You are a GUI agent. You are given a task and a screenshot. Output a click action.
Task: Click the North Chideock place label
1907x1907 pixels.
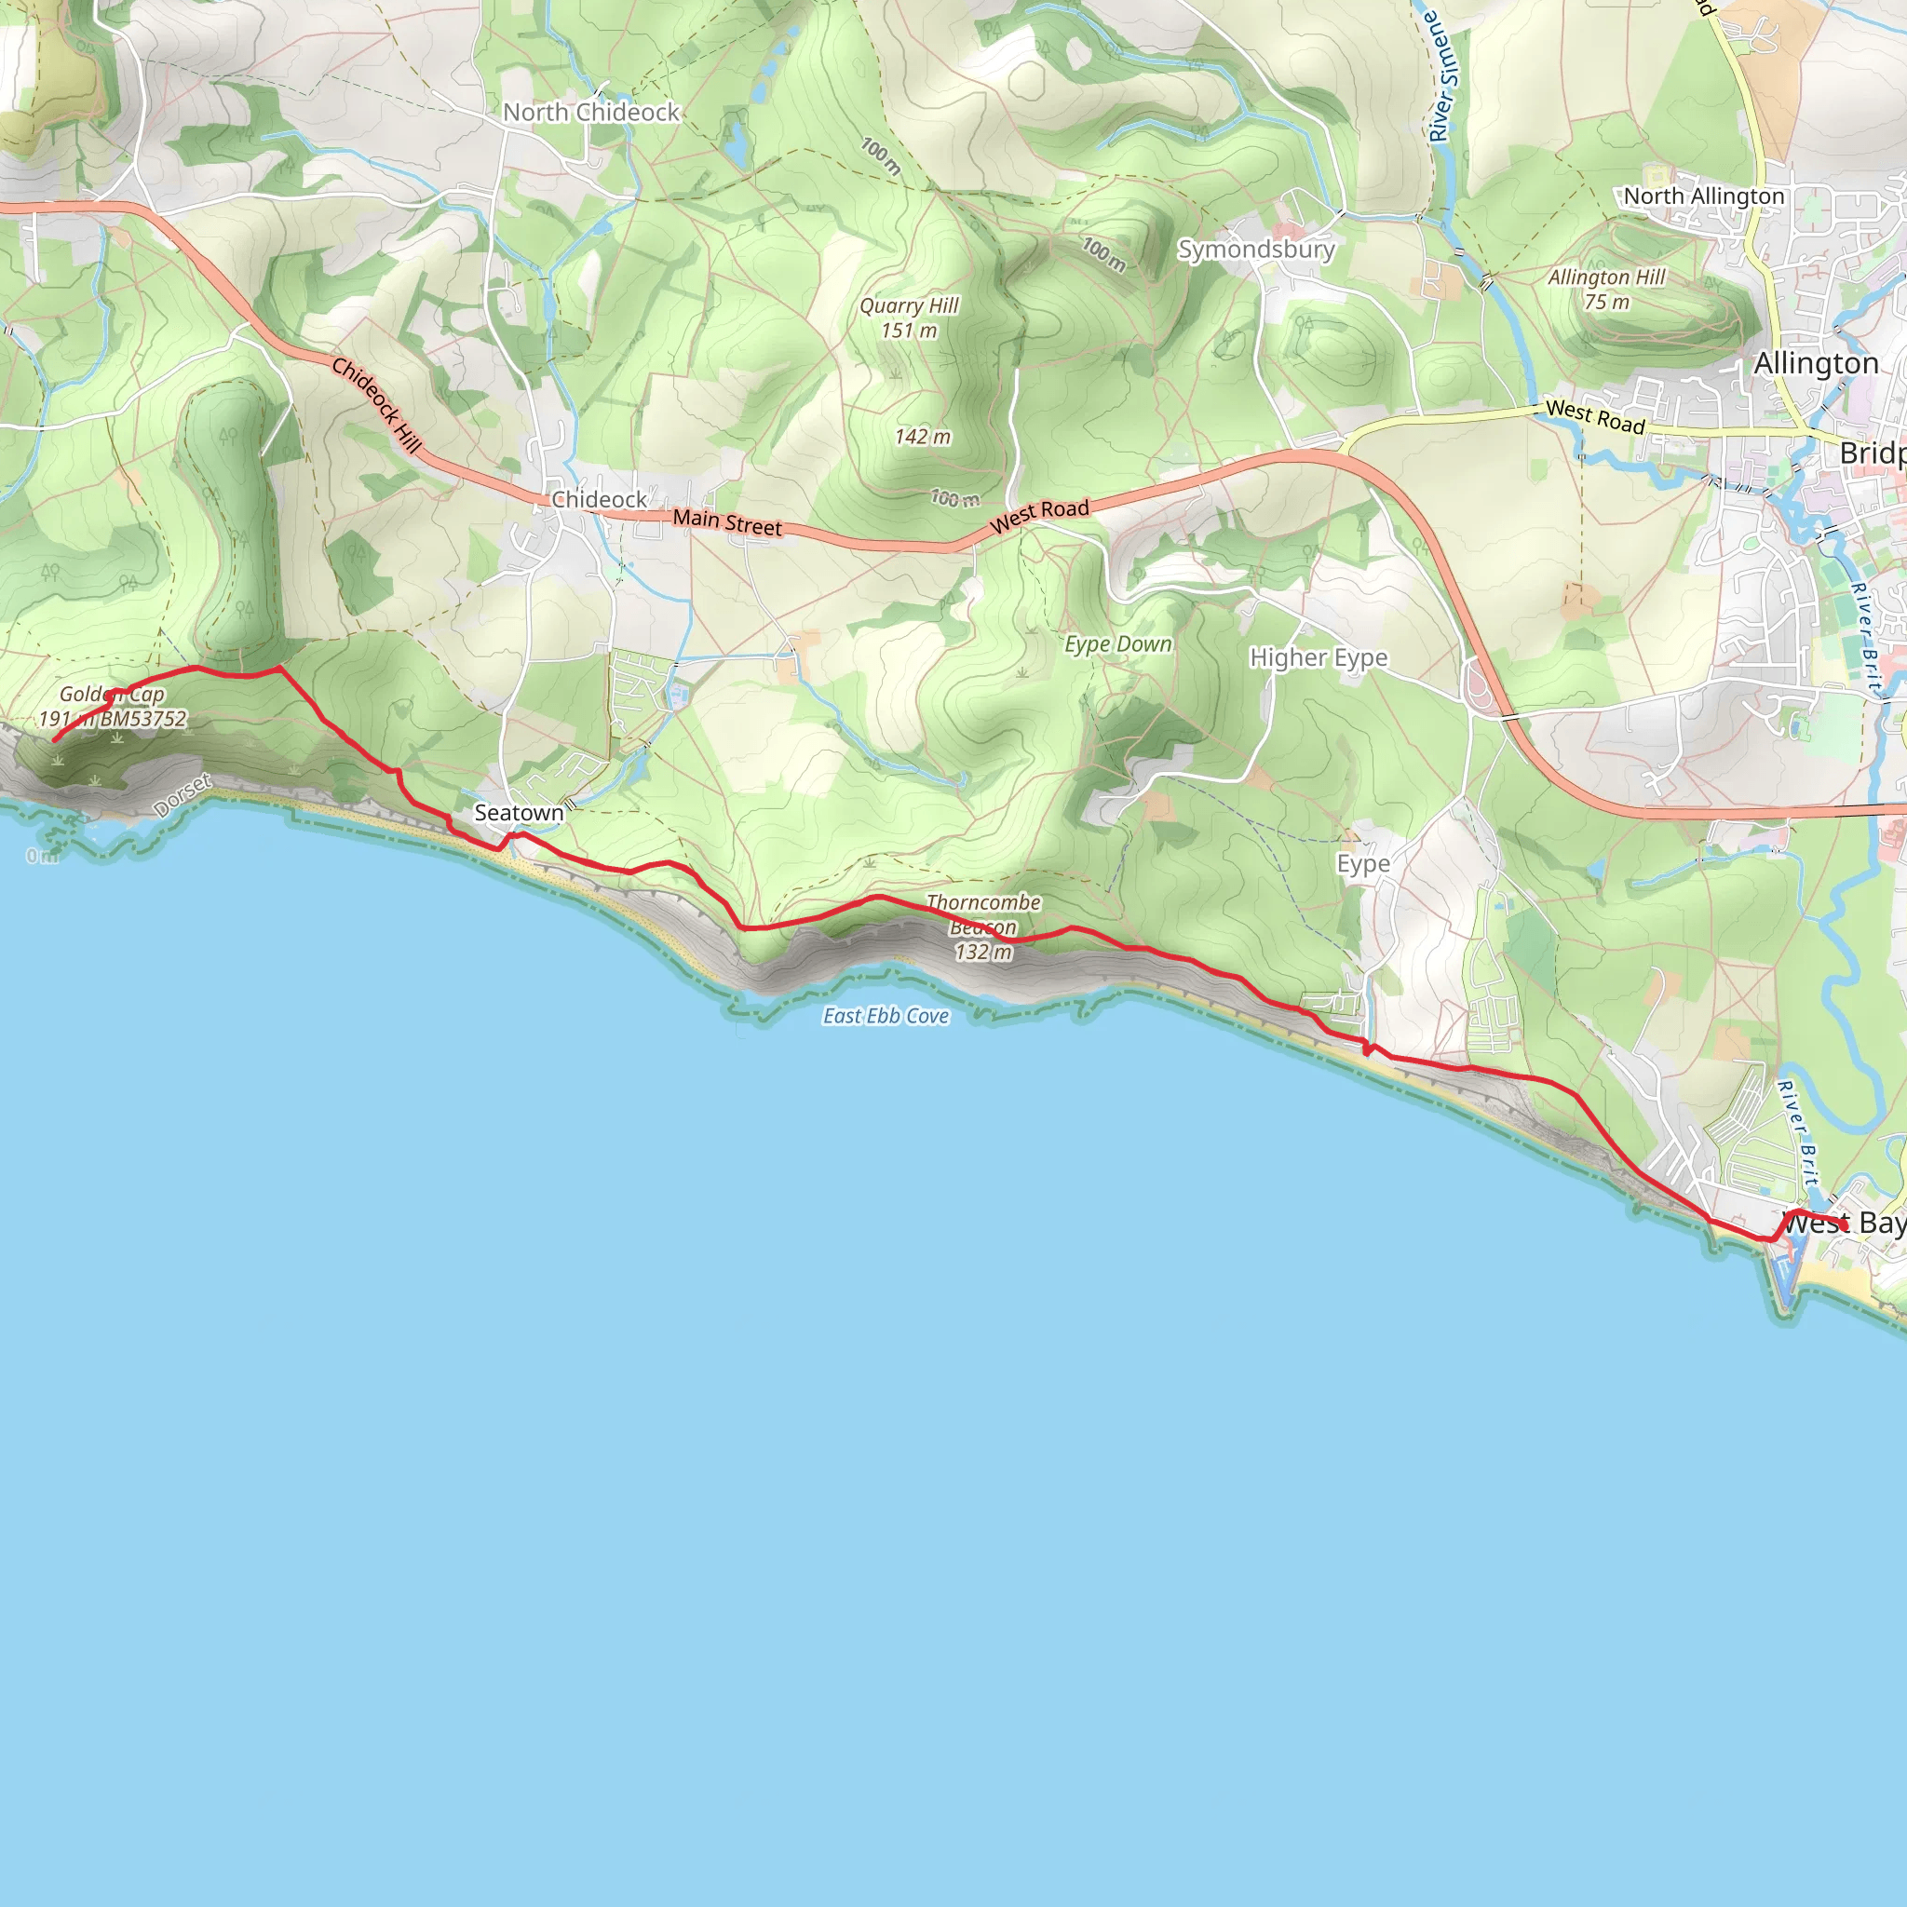[x=591, y=113]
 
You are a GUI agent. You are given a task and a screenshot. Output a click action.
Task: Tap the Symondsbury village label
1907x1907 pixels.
[x=1255, y=249]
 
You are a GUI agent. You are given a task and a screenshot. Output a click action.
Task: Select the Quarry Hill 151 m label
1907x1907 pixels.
[x=909, y=318]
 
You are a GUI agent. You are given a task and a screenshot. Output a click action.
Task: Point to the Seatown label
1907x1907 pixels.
[x=520, y=812]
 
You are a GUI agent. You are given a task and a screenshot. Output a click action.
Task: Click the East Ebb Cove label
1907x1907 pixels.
[x=886, y=1016]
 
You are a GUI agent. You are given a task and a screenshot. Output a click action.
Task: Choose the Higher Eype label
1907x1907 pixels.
[x=1318, y=657]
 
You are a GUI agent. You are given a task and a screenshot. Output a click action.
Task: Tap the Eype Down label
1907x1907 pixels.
[x=1118, y=644]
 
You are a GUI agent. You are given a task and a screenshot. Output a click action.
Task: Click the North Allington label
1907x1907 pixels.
[x=1704, y=196]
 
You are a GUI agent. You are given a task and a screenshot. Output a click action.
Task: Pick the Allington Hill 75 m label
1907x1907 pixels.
[x=1606, y=290]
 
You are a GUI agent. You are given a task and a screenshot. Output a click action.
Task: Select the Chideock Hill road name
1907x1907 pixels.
[x=376, y=405]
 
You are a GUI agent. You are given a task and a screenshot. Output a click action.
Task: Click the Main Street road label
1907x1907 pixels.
[x=727, y=522]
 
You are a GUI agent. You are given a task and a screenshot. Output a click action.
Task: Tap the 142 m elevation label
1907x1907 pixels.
[x=923, y=437]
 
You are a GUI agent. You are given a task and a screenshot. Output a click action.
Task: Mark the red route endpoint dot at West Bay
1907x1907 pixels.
[x=1843, y=1226]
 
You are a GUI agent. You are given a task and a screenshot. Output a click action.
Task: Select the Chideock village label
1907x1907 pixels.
[x=599, y=499]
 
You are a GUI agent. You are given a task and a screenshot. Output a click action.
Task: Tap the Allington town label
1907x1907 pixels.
[x=1816, y=363]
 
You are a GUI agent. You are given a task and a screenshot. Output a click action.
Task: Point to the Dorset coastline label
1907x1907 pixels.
[x=183, y=795]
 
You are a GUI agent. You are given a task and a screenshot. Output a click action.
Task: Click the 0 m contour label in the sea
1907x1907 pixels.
[x=42, y=856]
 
